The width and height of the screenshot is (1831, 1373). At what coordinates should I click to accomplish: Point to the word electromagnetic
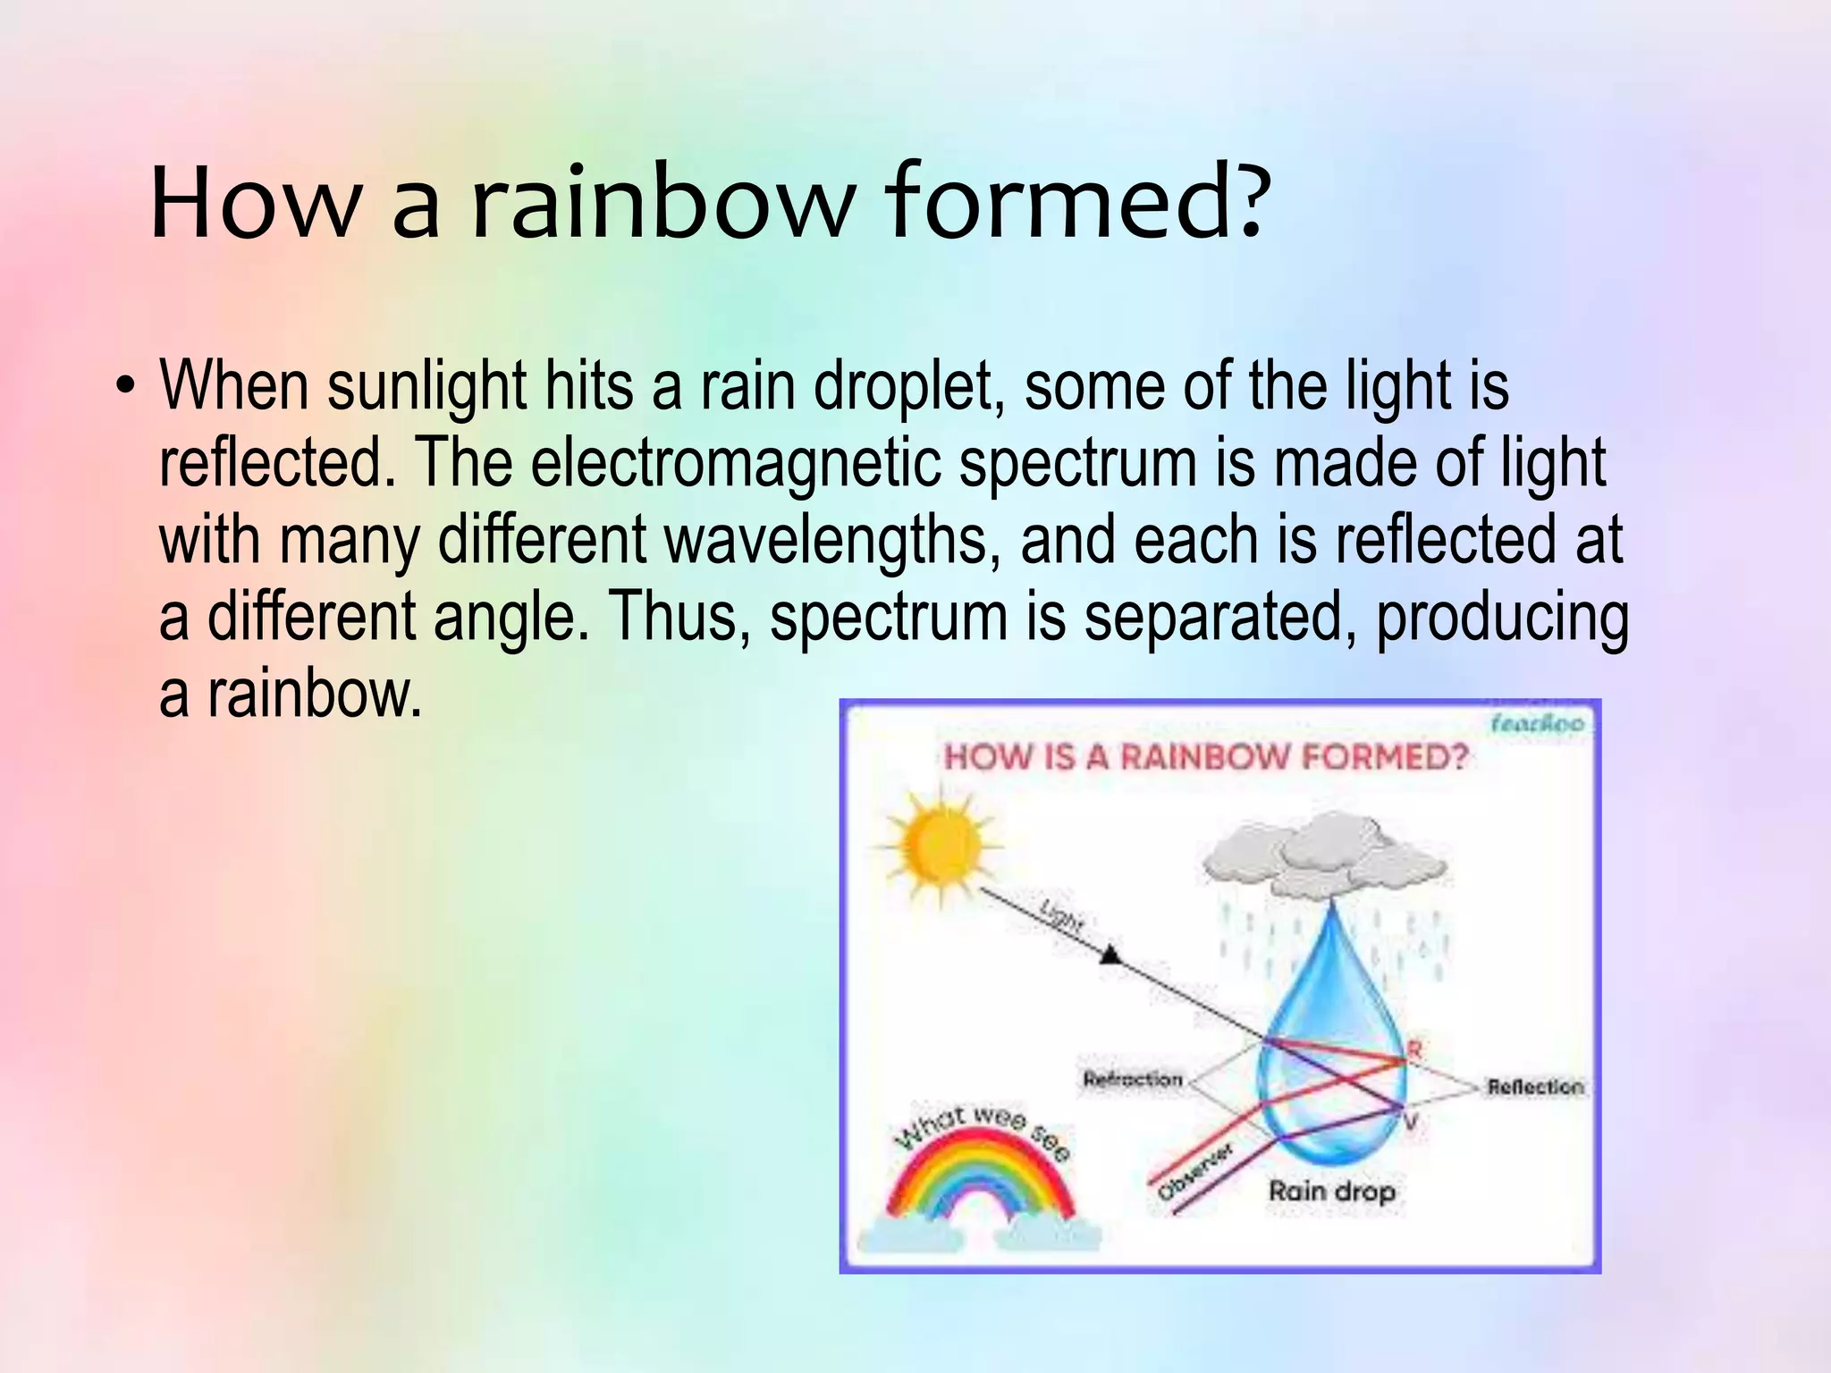pyautogui.click(x=736, y=464)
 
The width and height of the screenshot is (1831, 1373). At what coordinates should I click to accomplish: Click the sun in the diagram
pyautogui.click(x=938, y=844)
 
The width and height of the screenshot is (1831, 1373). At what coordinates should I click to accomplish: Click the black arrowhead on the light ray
pyautogui.click(x=1110, y=955)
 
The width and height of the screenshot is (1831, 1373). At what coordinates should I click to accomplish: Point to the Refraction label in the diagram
pyautogui.click(x=1132, y=1080)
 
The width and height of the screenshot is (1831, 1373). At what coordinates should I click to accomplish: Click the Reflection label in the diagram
pyautogui.click(x=1534, y=1087)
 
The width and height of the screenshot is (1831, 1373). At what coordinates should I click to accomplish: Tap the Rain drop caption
pyautogui.click(x=1331, y=1192)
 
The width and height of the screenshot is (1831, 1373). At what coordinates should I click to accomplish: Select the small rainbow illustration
pyautogui.click(x=979, y=1180)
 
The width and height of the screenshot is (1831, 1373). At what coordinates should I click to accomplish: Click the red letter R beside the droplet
pyautogui.click(x=1413, y=1050)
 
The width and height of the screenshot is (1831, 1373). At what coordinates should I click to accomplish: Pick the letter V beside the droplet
pyautogui.click(x=1411, y=1122)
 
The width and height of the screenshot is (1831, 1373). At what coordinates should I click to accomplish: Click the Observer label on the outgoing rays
pyautogui.click(x=1194, y=1171)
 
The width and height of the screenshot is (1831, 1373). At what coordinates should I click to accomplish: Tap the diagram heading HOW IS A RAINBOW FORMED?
pyautogui.click(x=1206, y=757)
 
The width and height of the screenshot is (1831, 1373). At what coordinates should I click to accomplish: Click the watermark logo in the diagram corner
pyautogui.click(x=1536, y=722)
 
